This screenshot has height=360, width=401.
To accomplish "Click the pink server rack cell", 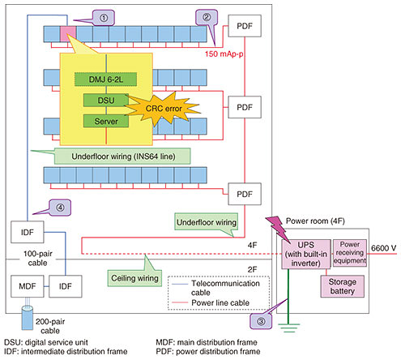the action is (68, 34).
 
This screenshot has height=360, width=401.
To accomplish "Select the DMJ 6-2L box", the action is (105, 79).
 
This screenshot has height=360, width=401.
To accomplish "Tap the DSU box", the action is (106, 101).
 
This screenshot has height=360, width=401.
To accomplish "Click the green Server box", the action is (106, 121).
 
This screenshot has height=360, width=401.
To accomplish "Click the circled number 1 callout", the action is (104, 18).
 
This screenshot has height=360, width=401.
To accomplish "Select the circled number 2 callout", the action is (207, 18).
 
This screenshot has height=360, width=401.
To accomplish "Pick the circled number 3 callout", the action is (261, 321).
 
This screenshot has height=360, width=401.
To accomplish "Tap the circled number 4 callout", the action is (60, 208).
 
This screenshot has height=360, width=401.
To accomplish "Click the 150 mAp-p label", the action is (224, 54).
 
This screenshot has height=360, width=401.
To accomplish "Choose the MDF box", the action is (28, 286).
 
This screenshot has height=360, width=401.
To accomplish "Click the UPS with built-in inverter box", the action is (306, 254).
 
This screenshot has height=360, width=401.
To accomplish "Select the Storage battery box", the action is (343, 286).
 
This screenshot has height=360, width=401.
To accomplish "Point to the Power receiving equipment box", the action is (350, 253).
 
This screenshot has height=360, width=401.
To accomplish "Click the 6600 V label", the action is (383, 248).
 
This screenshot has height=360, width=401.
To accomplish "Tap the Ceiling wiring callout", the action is (134, 278).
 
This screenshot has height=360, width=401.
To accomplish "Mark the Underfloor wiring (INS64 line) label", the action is (123, 156).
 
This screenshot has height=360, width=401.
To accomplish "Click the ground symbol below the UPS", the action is (288, 328).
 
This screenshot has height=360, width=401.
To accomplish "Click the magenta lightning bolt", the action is (278, 229).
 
